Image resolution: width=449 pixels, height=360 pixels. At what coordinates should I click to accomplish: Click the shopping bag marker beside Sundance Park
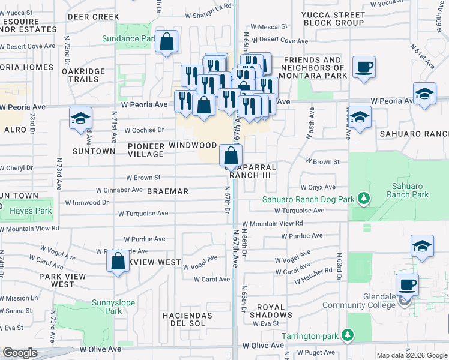point(167,43)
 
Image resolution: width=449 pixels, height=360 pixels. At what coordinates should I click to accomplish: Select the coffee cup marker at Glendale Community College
point(407,284)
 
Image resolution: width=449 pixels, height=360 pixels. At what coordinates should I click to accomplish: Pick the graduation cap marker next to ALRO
point(80,119)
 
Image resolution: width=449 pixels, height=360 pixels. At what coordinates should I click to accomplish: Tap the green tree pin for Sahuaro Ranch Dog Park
point(363,198)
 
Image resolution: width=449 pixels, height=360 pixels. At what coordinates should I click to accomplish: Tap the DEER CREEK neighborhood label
point(93,17)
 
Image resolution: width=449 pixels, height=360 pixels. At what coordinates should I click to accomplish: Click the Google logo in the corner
point(20,353)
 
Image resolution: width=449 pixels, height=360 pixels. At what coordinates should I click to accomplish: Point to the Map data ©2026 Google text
point(412,355)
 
